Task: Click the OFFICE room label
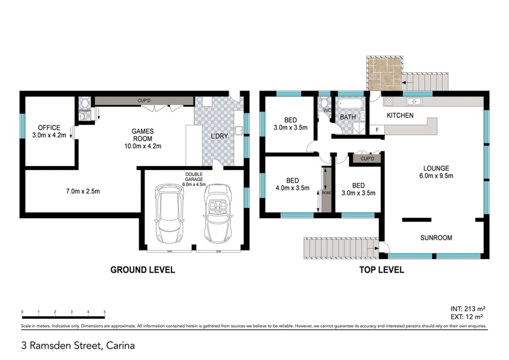point(49,128)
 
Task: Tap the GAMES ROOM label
point(143,135)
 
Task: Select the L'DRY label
point(219,136)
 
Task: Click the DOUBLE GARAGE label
point(194,177)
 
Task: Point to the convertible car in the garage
point(219,214)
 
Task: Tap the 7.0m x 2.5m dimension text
point(83,191)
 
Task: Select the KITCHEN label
point(400,115)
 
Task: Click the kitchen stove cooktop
point(389,101)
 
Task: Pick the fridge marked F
point(377,130)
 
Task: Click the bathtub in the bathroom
point(350,103)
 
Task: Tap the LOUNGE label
point(436,168)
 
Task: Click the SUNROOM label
point(436,238)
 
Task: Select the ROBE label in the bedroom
point(326,193)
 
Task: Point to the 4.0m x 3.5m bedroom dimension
point(293,188)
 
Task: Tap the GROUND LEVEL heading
point(143,270)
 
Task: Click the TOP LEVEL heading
point(382,270)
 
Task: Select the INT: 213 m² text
point(468,309)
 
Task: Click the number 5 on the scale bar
point(105,312)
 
